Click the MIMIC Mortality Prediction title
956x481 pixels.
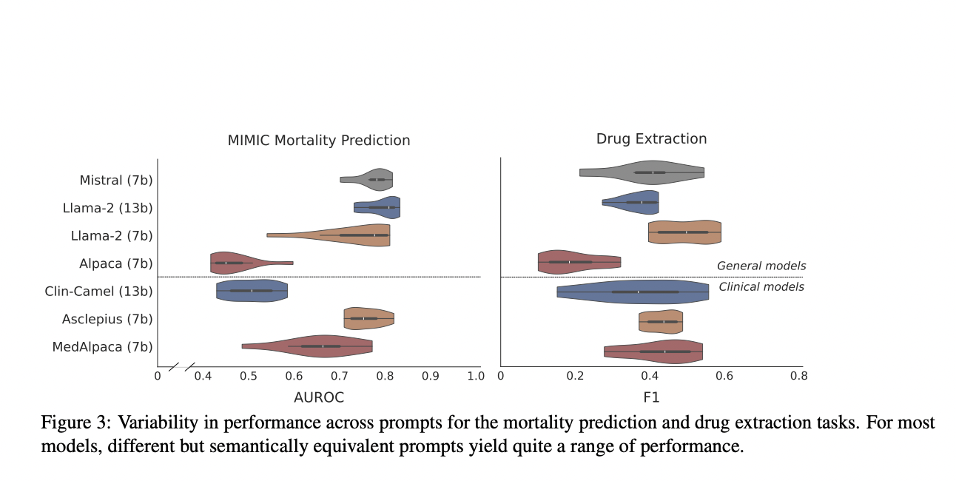point(318,140)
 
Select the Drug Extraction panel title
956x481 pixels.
point(651,139)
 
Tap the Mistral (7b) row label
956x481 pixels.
point(116,180)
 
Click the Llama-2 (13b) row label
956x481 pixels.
point(107,208)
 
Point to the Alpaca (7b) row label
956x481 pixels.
point(116,263)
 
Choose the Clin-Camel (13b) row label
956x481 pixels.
point(98,291)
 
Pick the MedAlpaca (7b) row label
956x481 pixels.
point(103,346)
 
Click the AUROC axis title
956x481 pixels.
point(318,397)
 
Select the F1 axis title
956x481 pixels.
point(651,397)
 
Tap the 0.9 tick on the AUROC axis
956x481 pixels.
point(430,376)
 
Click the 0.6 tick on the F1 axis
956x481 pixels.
point(724,376)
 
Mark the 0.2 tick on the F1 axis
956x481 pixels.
point(575,376)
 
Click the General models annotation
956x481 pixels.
point(761,266)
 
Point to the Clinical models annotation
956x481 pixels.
point(761,287)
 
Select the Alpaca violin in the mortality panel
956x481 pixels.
point(237,263)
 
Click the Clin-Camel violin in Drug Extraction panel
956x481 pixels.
point(633,292)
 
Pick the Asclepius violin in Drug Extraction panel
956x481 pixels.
point(660,322)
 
